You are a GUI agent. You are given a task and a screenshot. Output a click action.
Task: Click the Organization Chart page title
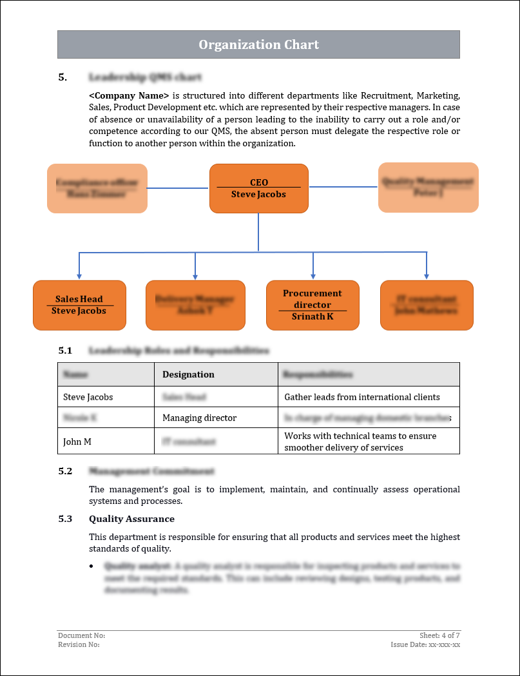click(x=258, y=44)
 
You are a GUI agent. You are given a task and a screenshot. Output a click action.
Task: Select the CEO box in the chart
click(x=258, y=188)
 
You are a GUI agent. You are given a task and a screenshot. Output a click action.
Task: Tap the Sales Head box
click(x=79, y=305)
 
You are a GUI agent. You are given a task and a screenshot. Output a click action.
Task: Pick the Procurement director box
click(x=313, y=305)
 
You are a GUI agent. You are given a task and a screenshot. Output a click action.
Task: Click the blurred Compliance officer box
click(x=97, y=188)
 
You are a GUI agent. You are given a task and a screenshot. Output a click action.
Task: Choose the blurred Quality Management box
click(x=428, y=188)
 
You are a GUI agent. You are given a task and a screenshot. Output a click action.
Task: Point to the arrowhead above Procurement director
click(x=313, y=276)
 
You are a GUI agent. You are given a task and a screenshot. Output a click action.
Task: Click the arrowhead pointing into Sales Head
click(x=79, y=276)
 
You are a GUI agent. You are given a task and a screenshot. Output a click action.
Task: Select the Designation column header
click(x=188, y=374)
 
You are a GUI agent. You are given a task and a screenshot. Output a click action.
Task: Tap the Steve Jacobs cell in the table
click(x=88, y=397)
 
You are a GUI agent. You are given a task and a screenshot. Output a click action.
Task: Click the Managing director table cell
click(x=200, y=418)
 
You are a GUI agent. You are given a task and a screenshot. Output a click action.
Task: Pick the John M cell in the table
click(x=77, y=442)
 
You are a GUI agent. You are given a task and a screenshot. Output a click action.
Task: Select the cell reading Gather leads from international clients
click(x=362, y=397)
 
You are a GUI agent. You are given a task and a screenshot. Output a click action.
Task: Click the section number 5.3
click(x=65, y=519)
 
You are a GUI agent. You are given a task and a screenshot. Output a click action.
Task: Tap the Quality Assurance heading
click(x=131, y=519)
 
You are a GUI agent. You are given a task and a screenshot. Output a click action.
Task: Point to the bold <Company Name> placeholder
click(x=129, y=95)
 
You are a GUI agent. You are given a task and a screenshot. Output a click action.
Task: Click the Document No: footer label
click(x=81, y=635)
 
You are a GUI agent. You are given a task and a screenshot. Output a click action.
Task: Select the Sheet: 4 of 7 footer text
click(x=439, y=635)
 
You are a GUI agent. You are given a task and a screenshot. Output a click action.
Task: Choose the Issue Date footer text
click(x=425, y=644)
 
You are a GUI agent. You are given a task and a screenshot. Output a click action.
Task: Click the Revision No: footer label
click(x=79, y=644)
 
